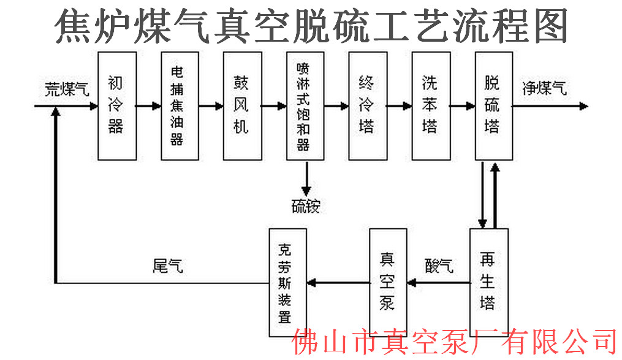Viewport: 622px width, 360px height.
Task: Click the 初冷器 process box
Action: (116, 105)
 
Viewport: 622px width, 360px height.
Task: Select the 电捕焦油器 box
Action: (179, 105)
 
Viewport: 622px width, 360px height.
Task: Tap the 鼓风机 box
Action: (241, 105)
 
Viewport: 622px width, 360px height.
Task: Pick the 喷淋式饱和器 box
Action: (305, 105)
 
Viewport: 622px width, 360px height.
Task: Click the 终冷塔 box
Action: (367, 105)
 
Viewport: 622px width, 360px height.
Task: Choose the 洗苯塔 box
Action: (430, 105)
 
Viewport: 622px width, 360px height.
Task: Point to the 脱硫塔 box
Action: (493, 105)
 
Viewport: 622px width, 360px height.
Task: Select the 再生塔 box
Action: (489, 280)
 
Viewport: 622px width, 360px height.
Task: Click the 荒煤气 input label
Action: (66, 88)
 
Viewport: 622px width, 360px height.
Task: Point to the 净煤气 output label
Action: (544, 88)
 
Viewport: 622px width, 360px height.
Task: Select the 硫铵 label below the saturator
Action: (305, 206)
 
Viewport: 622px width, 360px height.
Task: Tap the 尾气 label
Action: (167, 266)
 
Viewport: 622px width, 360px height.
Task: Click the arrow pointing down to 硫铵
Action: (305, 178)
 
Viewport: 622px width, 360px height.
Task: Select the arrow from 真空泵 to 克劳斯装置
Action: (337, 283)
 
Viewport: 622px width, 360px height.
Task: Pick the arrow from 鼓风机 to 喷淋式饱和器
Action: (273, 105)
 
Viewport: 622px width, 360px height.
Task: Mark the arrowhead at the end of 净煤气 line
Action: (582, 105)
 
